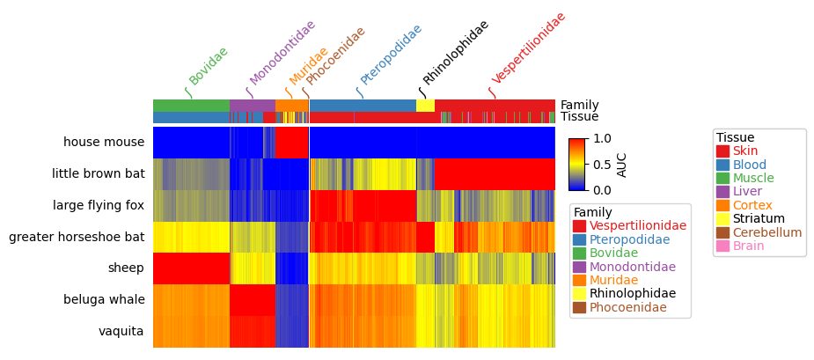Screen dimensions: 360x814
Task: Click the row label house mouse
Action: pyautogui.click(x=104, y=143)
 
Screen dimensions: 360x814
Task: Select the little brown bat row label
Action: pyautogui.click(x=98, y=174)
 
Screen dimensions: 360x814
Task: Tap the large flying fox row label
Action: pyautogui.click(x=99, y=206)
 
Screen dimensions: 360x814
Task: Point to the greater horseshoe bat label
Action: pyautogui.click(x=77, y=238)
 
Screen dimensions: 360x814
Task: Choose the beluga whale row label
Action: pyautogui.click(x=104, y=300)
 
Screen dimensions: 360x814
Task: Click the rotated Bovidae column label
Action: pyautogui.click(x=209, y=66)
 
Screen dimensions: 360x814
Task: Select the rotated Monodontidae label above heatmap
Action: pyautogui.click(x=282, y=53)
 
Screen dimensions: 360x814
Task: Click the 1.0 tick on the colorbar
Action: pyautogui.click(x=602, y=139)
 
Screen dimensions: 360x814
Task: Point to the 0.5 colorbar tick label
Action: pyautogui.click(x=602, y=165)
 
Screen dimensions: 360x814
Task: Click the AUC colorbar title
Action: pyautogui.click(x=622, y=164)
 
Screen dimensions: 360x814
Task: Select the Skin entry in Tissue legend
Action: pyautogui.click(x=744, y=151)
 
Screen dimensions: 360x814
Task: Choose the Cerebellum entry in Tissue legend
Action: pyautogui.click(x=766, y=232)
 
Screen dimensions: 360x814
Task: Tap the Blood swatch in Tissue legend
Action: pyautogui.click(x=722, y=165)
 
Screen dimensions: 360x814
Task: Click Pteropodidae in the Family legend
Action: pyautogui.click(x=629, y=239)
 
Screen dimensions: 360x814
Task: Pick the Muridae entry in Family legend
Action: pyautogui.click(x=615, y=280)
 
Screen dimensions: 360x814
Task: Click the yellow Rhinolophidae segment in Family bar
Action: pyautogui.click(x=425, y=106)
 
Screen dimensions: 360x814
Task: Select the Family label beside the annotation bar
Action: pyautogui.click(x=579, y=106)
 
